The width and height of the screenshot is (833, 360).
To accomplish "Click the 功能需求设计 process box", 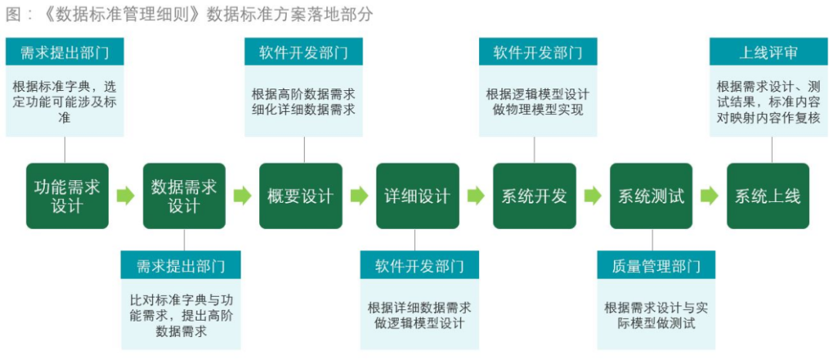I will pyautogui.click(x=67, y=196).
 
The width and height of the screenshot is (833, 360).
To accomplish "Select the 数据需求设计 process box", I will pyautogui.click(x=184, y=196).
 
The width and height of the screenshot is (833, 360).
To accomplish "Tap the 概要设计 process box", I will pyautogui.click(x=300, y=196).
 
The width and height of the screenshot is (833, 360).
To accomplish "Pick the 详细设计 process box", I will pyautogui.click(x=417, y=196).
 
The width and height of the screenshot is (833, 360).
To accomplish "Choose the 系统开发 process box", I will pyautogui.click(x=534, y=196).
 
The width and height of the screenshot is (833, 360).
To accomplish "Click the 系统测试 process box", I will pyautogui.click(x=651, y=196).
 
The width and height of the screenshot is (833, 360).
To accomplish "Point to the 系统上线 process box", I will pyautogui.click(x=767, y=196).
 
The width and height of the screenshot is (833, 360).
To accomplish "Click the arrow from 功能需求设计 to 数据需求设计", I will pyautogui.click(x=125, y=196).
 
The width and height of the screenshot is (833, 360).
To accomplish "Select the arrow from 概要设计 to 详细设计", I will pyautogui.click(x=359, y=196).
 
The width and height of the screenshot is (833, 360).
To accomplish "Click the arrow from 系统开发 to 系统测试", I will pyautogui.click(x=592, y=196).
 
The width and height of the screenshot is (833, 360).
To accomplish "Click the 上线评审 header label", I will pyautogui.click(x=768, y=52).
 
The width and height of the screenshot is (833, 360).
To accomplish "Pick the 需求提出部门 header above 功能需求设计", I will pyautogui.click(x=65, y=52).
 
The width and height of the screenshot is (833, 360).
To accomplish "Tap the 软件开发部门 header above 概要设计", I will pyautogui.click(x=303, y=52).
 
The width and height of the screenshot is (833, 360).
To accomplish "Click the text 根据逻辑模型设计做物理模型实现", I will pyautogui.click(x=538, y=102).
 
